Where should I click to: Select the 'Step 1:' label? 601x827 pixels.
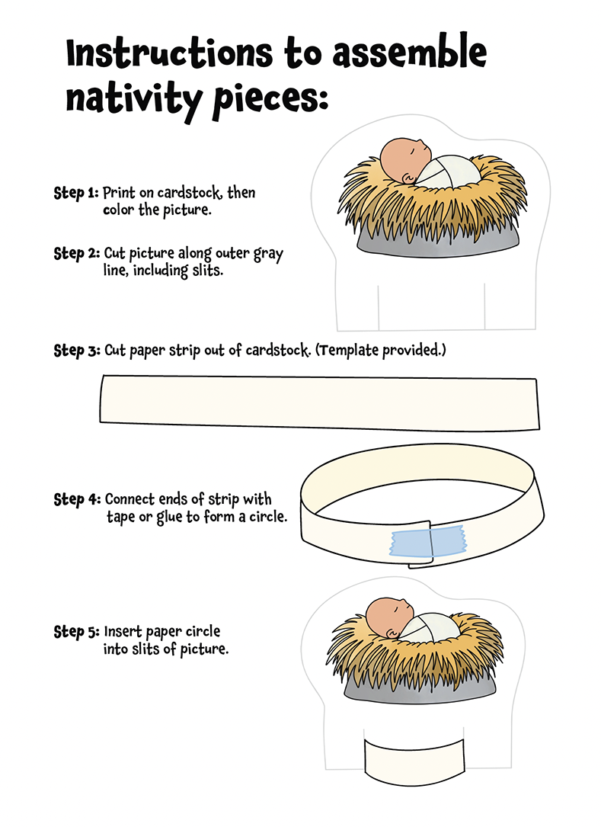click(76, 193)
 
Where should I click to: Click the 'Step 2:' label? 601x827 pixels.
click(76, 254)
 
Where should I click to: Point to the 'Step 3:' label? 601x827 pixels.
click(77, 351)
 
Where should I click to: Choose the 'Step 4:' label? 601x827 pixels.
click(77, 499)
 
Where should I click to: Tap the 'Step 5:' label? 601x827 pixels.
click(76, 632)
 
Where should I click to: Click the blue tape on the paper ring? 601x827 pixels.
click(427, 542)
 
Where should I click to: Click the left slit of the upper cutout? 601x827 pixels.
click(379, 308)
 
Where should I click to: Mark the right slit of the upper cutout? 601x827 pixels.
click(484, 306)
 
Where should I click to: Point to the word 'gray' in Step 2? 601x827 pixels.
click(268, 255)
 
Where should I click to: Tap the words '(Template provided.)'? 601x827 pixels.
click(381, 350)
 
